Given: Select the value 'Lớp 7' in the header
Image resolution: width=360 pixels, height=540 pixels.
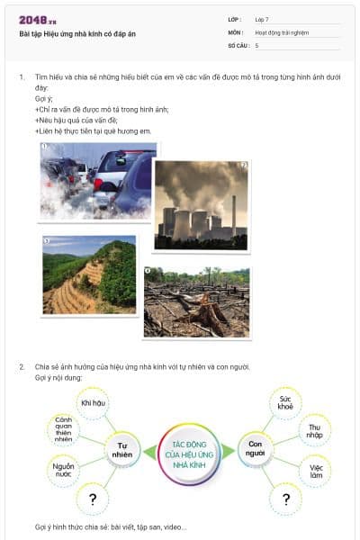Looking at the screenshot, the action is point(262,18).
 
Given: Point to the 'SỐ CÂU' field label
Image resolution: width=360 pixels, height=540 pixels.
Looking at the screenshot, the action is point(238,44).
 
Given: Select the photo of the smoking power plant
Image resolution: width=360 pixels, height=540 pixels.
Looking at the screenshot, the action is point(201,204).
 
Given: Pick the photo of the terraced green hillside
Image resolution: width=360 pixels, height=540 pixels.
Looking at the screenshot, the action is point(89,274).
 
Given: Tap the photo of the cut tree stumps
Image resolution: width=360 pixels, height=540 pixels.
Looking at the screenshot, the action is point(197,301).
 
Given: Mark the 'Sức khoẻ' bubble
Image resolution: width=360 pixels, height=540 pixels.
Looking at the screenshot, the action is point(285,401).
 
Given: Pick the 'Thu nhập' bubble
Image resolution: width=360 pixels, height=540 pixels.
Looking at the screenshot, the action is point(314,431).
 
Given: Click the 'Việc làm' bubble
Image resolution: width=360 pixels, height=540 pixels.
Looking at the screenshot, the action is point(314,472).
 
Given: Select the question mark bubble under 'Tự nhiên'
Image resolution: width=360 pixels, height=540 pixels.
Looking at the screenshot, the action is point(92,499).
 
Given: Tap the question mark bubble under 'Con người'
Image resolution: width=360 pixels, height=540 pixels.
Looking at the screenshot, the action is point(285,499).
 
